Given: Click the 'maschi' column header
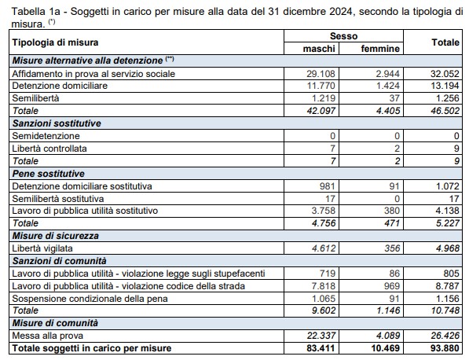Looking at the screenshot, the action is [319, 49].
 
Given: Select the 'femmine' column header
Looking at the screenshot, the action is [380, 49].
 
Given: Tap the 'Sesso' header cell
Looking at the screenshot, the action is [343, 36].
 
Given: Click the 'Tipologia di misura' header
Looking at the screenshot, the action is [55, 42].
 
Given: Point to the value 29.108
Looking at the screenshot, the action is [321, 74].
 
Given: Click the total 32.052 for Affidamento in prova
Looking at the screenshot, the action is [445, 74].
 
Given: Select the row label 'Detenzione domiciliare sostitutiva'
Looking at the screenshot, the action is [82, 186].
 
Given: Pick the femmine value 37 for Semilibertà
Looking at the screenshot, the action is [394, 98].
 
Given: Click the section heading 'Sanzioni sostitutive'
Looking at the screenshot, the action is [57, 123].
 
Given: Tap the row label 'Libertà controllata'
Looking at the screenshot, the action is [49, 149].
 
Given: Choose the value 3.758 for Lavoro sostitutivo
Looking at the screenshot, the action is [323, 211].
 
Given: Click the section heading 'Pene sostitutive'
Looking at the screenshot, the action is [49, 174].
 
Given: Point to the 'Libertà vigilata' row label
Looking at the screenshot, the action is [42, 248].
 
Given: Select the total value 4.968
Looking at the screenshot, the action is [447, 248].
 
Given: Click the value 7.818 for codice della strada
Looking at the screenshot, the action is [323, 286].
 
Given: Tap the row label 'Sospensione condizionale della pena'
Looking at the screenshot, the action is [90, 299].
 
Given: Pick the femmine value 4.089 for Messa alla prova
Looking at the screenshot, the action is [388, 336].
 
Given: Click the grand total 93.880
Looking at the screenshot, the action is [445, 348].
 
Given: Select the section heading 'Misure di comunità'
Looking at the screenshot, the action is [55, 323].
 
